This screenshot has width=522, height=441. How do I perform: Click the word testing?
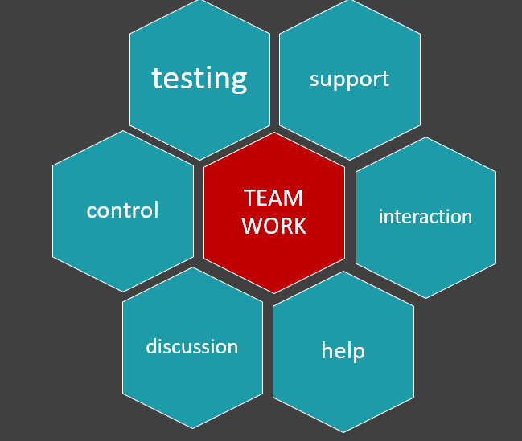(x=199, y=79)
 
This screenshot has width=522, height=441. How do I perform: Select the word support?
(x=349, y=79)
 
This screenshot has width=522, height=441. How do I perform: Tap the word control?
(x=122, y=210)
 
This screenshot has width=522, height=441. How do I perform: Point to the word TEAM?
(x=273, y=198)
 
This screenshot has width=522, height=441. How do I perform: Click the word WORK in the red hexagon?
(x=273, y=226)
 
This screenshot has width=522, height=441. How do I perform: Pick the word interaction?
(x=425, y=217)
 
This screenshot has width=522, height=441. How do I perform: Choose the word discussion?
(x=191, y=346)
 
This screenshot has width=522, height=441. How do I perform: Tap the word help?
(x=343, y=351)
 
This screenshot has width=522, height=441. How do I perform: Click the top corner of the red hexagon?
(x=274, y=133)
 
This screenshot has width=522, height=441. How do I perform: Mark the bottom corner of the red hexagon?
(x=274, y=293)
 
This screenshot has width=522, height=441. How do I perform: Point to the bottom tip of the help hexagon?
(x=343, y=432)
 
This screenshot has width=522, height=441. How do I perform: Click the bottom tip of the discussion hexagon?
(x=192, y=428)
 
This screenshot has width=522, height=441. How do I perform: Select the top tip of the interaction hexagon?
(x=425, y=137)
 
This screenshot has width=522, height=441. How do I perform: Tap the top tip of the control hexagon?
(x=123, y=131)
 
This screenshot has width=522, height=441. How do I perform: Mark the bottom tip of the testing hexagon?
(x=200, y=160)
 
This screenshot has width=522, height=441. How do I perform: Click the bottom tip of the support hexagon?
(x=350, y=160)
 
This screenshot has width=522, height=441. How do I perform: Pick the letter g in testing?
(x=238, y=81)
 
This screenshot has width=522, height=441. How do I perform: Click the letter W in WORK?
(x=252, y=226)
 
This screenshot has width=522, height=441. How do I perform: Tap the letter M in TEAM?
(x=294, y=198)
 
